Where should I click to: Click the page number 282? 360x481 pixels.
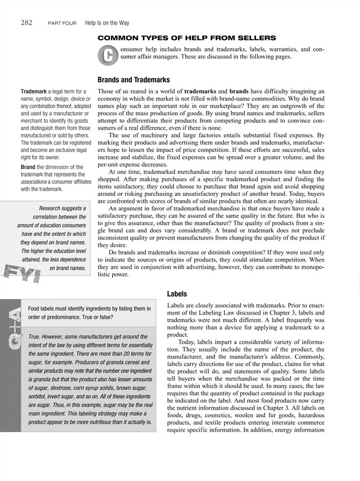click(x=27, y=23)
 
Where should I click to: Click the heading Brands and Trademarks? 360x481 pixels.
click(x=134, y=79)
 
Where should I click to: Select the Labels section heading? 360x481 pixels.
click(x=177, y=294)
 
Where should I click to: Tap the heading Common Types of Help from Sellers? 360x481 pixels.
click(x=186, y=38)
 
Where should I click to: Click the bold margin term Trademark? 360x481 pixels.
click(x=33, y=92)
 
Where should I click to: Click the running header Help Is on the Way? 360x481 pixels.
click(x=107, y=23)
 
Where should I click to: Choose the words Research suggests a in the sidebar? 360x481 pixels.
click(x=63, y=208)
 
